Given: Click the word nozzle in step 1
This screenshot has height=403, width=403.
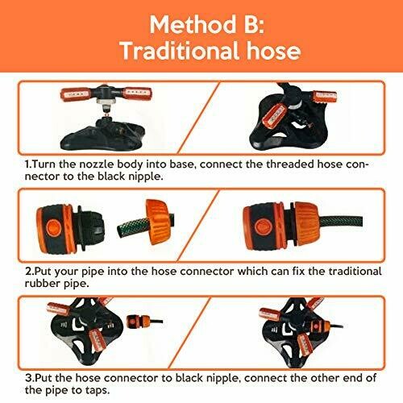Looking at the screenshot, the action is tap(97, 164).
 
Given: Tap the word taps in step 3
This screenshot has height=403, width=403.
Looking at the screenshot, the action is tap(98, 390).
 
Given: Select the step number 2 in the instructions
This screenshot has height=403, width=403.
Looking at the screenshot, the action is tap(30, 271).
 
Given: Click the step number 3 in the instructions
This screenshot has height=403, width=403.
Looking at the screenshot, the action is tap(30, 378).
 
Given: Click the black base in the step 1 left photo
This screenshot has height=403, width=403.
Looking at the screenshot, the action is tap(103, 138).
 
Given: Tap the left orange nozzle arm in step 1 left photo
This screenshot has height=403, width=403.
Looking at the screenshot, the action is tap(74, 94).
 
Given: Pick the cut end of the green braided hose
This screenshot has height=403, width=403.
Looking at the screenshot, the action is tap(121, 231).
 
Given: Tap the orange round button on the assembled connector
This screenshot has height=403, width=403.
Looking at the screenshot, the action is tap(262, 226).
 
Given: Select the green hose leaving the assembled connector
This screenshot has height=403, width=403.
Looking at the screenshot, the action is tap(341, 223).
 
